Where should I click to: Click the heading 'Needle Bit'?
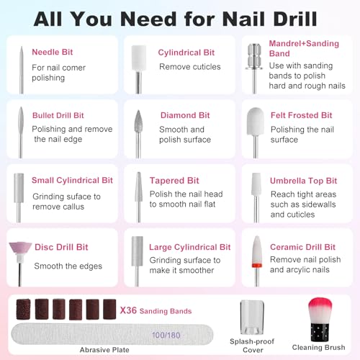(x=56, y=52)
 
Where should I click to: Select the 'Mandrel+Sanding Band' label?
(x=294, y=48)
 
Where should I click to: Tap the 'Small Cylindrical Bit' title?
(x=72, y=181)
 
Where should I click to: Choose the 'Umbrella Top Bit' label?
(x=303, y=181)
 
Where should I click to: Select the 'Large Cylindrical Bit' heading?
(x=190, y=247)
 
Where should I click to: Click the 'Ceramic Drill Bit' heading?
(x=302, y=247)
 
